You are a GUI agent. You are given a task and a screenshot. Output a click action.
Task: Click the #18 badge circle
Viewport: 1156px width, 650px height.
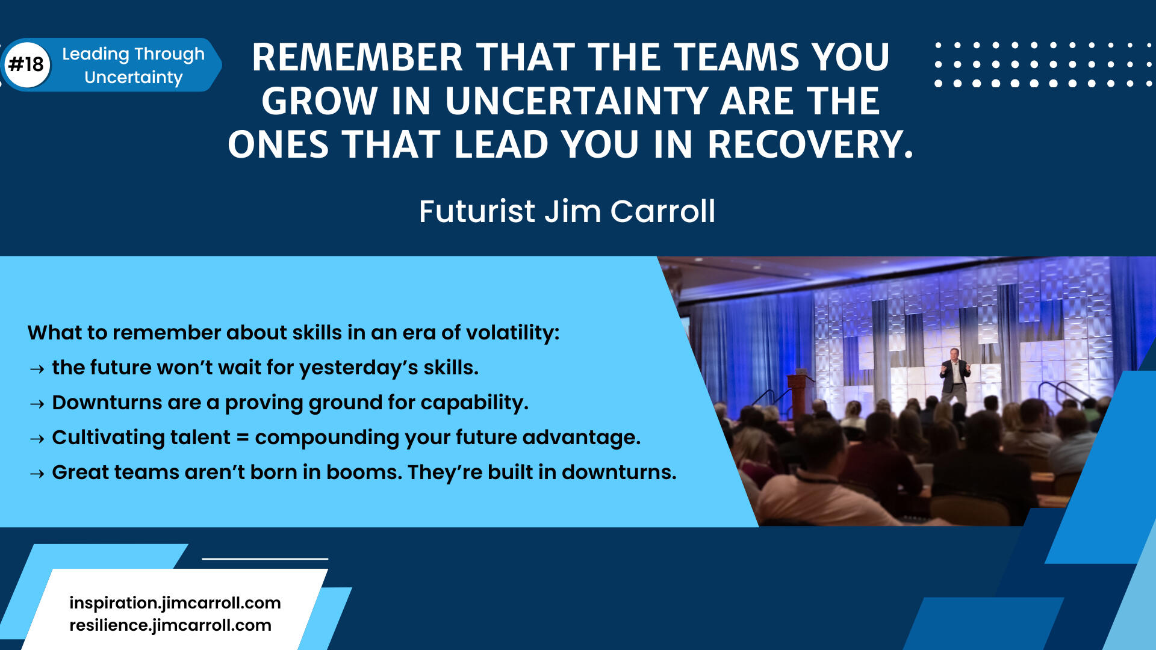pos(27,64)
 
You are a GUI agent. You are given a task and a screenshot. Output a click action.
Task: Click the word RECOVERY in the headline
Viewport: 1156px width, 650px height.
pos(810,145)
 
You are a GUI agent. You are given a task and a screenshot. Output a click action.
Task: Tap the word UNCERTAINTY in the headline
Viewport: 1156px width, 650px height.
pos(576,101)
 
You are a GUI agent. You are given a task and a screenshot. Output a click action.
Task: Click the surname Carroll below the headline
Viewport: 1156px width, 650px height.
pos(662,212)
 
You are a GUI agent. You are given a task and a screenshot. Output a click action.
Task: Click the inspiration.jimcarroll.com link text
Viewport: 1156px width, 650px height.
pos(175,603)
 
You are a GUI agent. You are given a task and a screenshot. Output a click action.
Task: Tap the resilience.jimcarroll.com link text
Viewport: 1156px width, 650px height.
pos(170,625)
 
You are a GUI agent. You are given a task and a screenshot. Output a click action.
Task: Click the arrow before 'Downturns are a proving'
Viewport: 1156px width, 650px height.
pos(37,404)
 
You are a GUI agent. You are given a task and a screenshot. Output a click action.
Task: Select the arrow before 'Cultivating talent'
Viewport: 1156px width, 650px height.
pos(37,439)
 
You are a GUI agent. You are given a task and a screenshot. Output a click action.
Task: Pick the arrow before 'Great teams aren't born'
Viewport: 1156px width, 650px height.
pos(37,474)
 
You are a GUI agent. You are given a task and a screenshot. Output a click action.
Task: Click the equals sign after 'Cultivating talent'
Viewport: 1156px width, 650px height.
pos(243,438)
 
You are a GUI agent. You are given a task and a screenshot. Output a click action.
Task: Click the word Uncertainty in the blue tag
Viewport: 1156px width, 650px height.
pos(134,78)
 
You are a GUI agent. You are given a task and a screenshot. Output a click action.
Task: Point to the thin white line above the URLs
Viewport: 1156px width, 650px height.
pos(265,559)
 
